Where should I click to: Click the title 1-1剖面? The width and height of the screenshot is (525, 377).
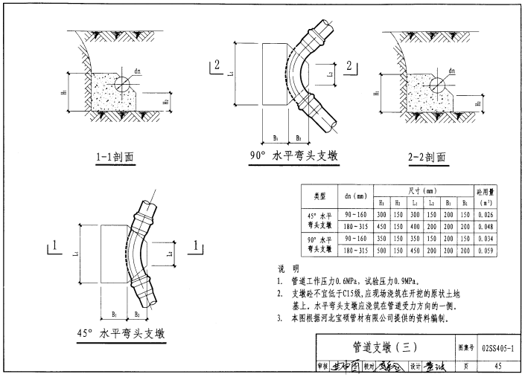[x=115, y=157]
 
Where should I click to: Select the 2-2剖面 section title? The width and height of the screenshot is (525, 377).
[x=426, y=157]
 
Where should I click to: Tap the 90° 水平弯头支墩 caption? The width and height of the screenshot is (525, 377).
[x=293, y=156]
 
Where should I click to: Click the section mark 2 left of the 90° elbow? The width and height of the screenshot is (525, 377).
[x=217, y=66]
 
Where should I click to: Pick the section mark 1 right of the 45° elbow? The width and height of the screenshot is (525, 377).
[x=195, y=245]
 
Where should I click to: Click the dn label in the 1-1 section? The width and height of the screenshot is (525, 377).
[x=138, y=71]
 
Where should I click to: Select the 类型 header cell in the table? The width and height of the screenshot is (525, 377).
[x=320, y=196]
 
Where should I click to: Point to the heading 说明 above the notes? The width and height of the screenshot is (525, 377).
[x=288, y=268]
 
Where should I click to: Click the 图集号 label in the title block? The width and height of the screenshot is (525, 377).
[x=464, y=347]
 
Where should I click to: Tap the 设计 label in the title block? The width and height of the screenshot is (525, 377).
[x=414, y=365]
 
